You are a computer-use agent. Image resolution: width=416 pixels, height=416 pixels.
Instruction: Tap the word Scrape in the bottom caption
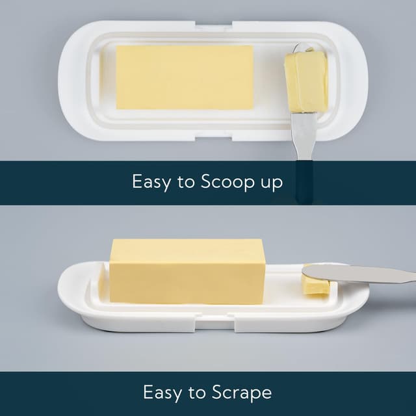(x=241, y=393)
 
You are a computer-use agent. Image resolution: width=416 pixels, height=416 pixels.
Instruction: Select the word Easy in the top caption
(x=150, y=181)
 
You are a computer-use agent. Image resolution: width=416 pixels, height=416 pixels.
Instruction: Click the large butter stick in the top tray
(x=185, y=77)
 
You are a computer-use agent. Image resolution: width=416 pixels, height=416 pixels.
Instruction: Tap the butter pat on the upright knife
(x=305, y=81)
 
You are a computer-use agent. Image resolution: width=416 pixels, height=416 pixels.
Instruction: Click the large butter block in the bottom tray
(x=187, y=270)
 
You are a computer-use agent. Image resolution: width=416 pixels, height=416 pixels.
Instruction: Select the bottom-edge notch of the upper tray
(x=214, y=136)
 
